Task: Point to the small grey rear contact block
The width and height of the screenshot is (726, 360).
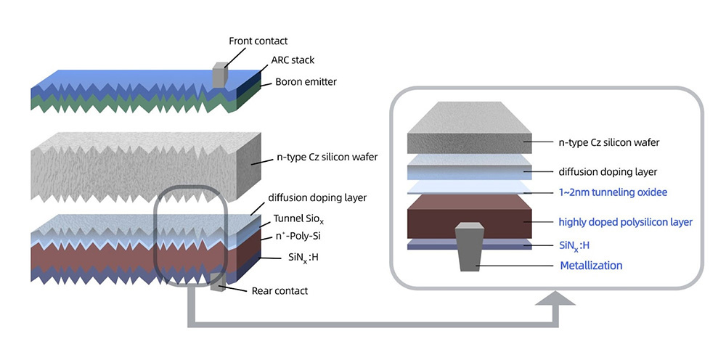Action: (x=216, y=285)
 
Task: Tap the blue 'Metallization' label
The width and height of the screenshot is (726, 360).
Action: (x=591, y=266)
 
